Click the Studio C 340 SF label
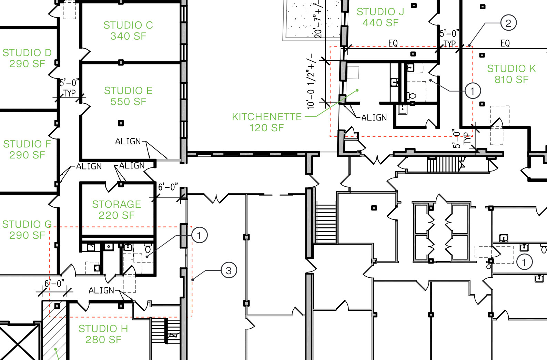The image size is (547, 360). pos(128,31)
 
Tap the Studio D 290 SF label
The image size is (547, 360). pos(27,58)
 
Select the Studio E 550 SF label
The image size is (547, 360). pos(128,96)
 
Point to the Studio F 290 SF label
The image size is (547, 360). pos(27,150)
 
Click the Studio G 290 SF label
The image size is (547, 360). pos(27,230)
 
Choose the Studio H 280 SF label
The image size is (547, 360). pos(103,334)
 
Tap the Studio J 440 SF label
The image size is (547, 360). pos(380,17)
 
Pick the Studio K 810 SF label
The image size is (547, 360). pos(511,74)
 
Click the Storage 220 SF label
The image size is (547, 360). pos(117,210)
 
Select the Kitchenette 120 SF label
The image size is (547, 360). pos(267,122)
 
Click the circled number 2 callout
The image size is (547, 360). pos(508,23)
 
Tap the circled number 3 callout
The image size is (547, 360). pos(229,270)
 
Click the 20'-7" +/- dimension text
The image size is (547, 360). pos(318,19)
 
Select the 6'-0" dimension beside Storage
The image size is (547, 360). pos(168,187)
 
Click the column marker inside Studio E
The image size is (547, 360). pos(121,123)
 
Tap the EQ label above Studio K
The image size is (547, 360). pos(505,43)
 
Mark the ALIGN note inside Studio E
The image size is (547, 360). pos(128,141)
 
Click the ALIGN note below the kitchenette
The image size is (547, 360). pos(374,117)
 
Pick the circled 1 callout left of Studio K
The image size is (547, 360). pos(473,91)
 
